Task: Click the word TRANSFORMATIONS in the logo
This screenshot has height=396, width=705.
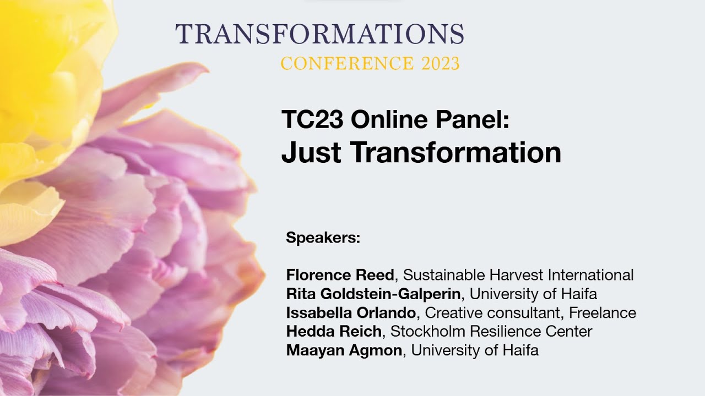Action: pos(319,34)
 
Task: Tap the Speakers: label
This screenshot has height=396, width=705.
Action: pos(323,239)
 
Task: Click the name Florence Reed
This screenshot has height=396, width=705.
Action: pos(340,275)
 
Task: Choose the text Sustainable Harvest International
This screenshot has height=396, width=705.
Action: pos(518,275)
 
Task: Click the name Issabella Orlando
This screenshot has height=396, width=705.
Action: pos(351,313)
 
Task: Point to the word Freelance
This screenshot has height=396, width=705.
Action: pos(603,313)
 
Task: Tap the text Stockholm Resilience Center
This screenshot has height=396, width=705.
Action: pos(491,332)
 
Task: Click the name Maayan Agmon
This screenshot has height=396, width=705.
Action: pos(344,351)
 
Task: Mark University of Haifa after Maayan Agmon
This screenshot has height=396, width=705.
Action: pos(475,351)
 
